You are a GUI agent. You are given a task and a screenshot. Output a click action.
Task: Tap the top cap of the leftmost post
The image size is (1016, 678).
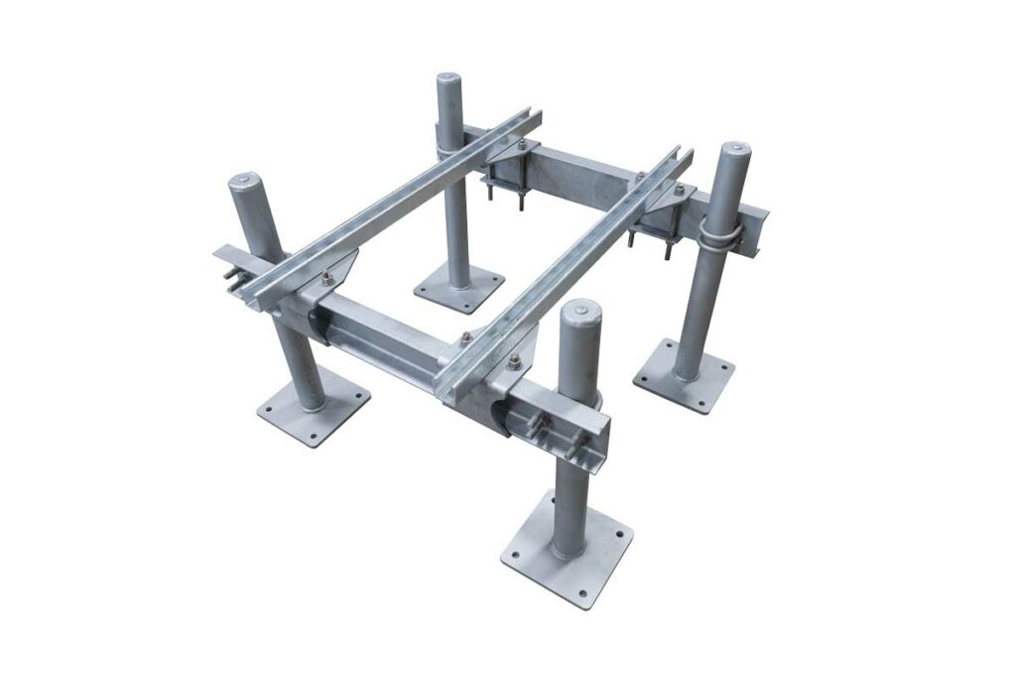click(245, 185)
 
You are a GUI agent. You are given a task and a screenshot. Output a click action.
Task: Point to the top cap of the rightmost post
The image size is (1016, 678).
click(734, 153)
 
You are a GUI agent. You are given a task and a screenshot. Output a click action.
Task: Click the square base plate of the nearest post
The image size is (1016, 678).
click(567, 549)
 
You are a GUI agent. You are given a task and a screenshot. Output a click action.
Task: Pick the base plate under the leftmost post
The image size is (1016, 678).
click(314, 407)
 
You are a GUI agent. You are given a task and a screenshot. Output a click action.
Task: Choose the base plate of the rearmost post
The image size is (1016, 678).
click(458, 287)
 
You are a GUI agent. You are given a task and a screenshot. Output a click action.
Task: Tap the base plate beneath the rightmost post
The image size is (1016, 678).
click(684, 376)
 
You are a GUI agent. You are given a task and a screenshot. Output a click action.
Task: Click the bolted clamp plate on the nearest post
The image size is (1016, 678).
click(562, 428)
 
